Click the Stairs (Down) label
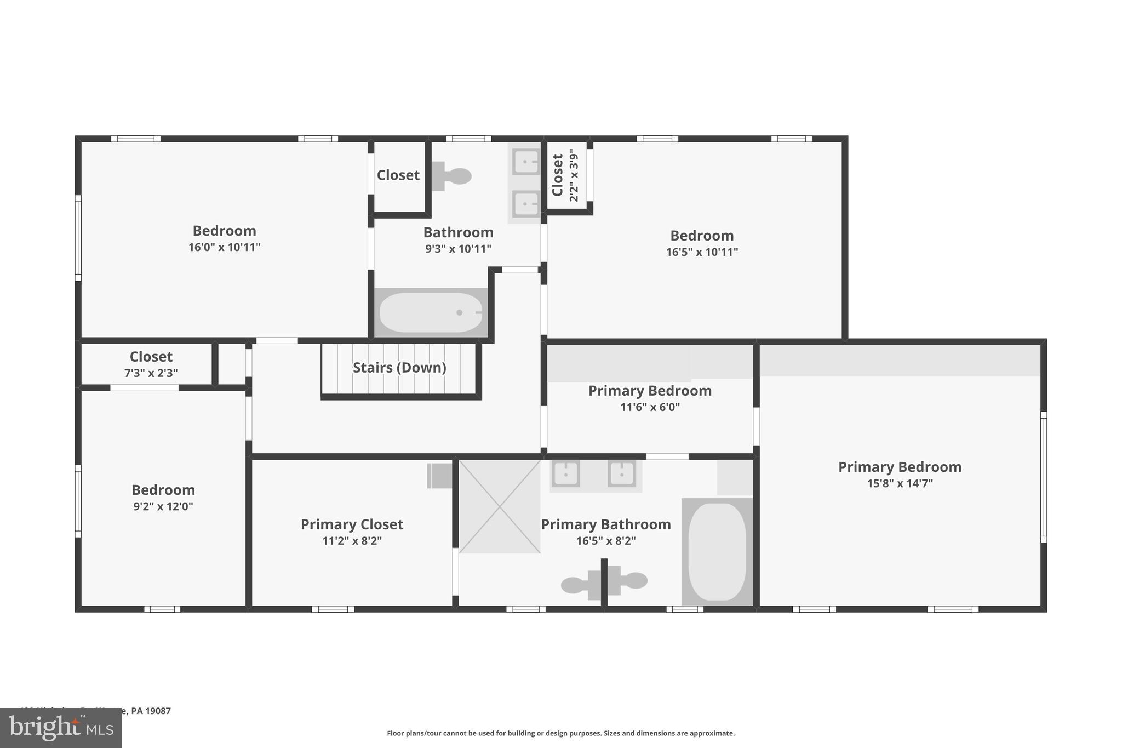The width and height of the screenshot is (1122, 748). click(399, 368)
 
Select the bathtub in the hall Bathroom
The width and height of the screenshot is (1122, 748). click(431, 312)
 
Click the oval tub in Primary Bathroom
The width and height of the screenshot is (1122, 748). click(717, 552)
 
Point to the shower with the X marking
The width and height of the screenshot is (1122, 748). click(499, 506)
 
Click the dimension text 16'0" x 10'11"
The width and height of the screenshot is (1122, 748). click(224, 247)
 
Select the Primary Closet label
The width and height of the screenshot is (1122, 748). click(352, 524)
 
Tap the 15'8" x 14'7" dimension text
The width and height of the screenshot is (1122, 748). click(900, 483)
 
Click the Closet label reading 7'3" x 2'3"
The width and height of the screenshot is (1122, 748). click(151, 357)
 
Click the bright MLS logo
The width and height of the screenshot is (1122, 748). click(60, 728)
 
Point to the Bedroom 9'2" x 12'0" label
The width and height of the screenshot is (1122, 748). click(163, 490)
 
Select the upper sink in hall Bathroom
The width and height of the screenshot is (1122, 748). click(525, 161)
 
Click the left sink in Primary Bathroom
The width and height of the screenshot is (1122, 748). click(565, 473)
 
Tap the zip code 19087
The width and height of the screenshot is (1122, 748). click(158, 711)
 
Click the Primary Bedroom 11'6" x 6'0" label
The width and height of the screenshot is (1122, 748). click(650, 391)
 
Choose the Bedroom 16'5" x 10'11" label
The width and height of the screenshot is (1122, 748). click(702, 236)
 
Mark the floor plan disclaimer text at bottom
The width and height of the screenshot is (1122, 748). click(560, 733)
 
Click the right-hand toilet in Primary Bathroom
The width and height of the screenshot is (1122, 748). click(633, 580)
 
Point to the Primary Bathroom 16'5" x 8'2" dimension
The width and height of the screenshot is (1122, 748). click(605, 541)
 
